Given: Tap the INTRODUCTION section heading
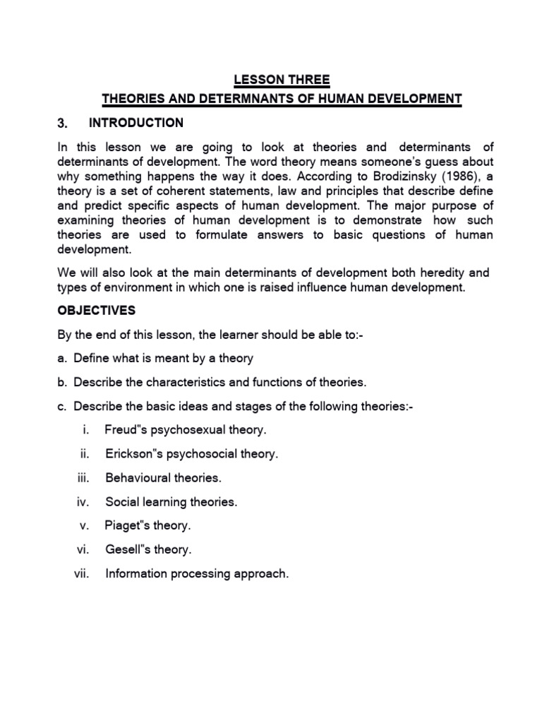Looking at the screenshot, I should click(x=135, y=123).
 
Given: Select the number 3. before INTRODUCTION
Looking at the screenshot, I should click(x=62, y=124).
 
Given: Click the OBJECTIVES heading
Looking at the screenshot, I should click(x=97, y=311).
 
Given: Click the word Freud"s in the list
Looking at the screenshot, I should click(x=126, y=429).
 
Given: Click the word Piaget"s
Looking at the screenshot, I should click(x=127, y=526).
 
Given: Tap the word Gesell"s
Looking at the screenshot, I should click(x=126, y=550).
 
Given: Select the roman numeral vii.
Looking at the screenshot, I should click(x=83, y=574).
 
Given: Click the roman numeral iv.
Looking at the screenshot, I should click(x=84, y=502).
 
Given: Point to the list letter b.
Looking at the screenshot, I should click(x=61, y=382).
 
